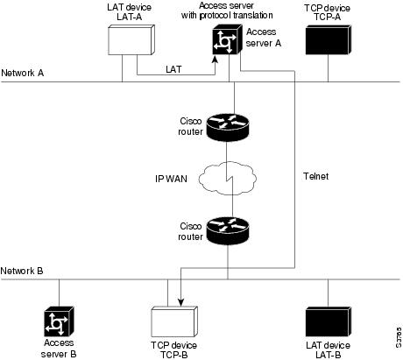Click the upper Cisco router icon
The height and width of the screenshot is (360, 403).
(228, 125)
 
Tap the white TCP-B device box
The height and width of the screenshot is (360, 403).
(171, 321)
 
